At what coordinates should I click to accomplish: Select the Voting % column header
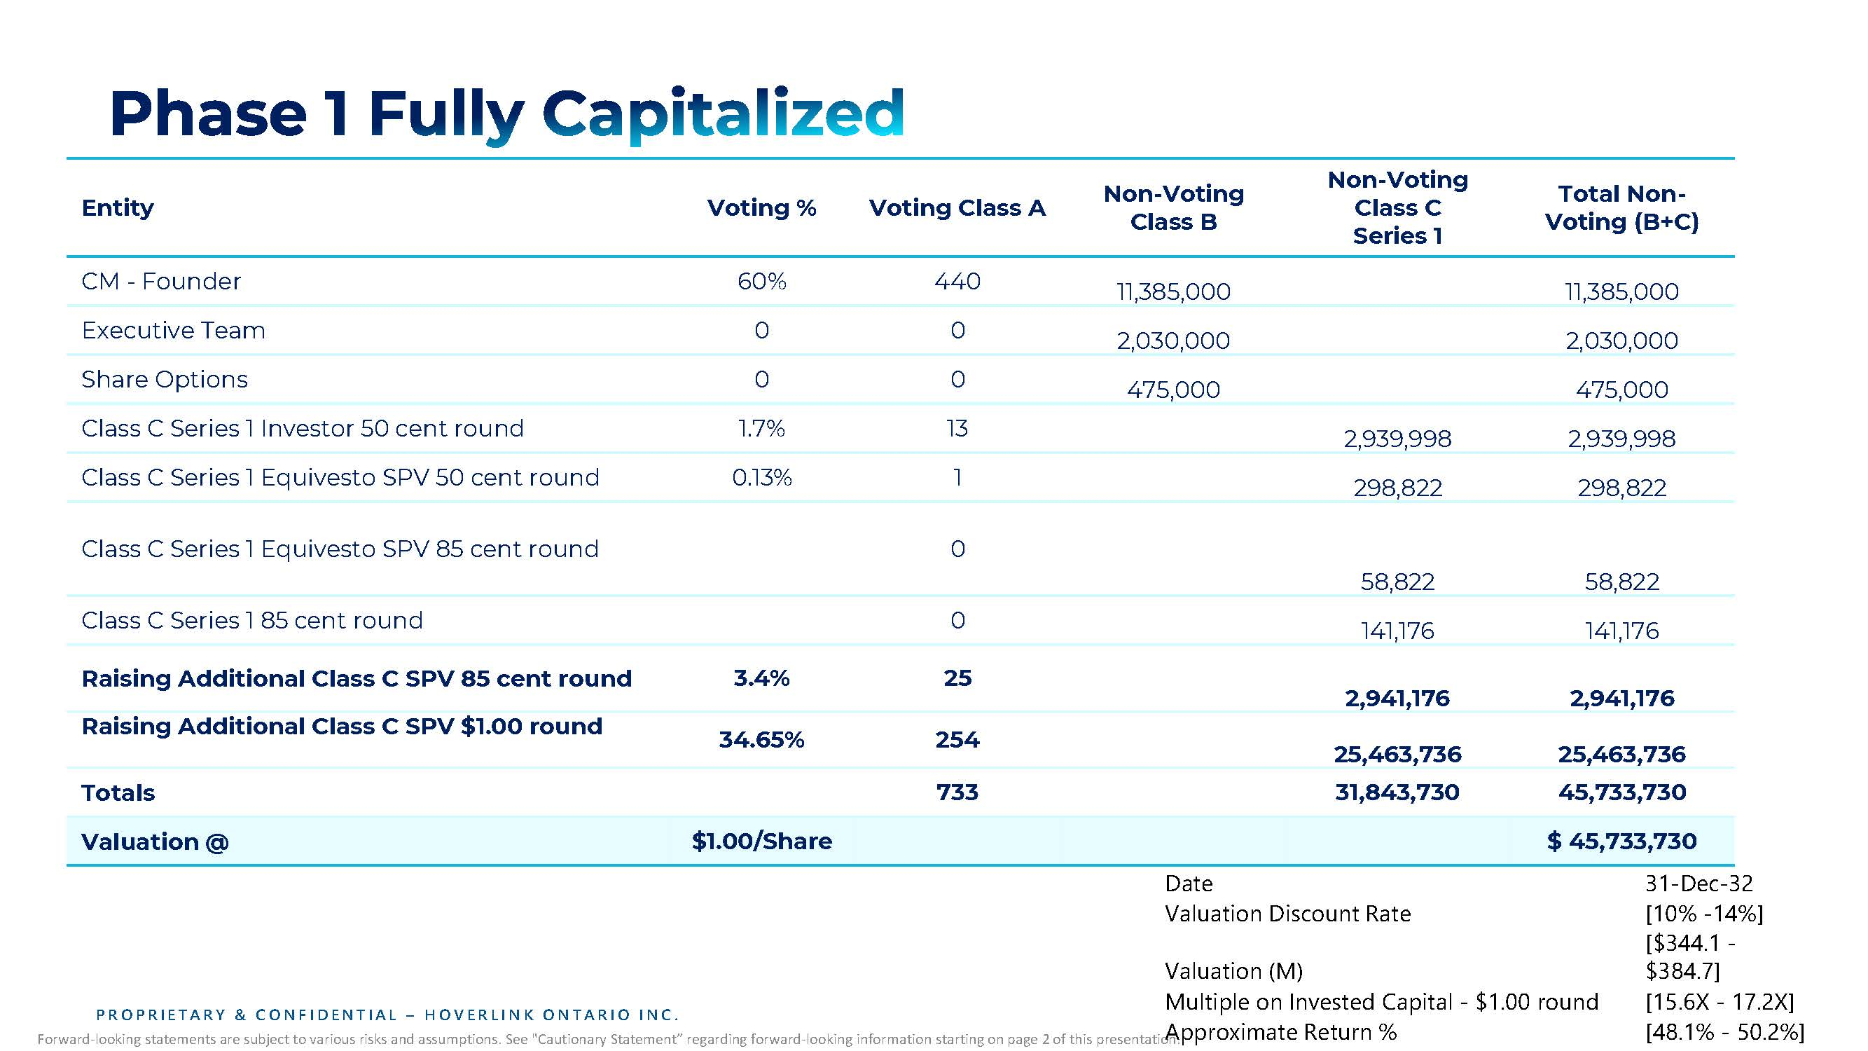pos(761,208)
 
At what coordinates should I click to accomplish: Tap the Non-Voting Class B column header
pos(1173,207)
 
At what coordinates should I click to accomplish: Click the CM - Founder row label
pos(161,282)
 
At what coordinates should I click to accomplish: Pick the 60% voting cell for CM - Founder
pos(761,282)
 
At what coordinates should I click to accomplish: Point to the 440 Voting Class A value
pos(957,282)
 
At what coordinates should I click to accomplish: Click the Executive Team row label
pos(173,331)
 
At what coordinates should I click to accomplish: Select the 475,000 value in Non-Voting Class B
pos(1173,390)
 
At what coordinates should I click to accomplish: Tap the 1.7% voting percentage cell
pos(761,429)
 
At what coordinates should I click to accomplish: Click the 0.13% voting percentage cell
pos(761,478)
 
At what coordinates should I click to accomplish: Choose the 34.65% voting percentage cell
pos(761,740)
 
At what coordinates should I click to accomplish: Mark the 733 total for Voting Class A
pos(957,792)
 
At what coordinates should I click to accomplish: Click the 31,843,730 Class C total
pos(1397,792)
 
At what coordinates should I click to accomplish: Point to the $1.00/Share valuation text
pos(761,842)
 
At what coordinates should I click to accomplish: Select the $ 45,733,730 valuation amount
pos(1621,842)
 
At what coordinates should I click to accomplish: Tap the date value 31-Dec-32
pos(1699,884)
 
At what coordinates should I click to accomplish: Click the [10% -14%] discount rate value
pos(1704,914)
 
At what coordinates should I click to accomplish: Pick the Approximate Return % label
pos(1280,1032)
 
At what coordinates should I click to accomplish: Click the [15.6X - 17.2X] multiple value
pos(1720,1003)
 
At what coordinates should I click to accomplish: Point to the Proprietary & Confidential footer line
pos(387,1015)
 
